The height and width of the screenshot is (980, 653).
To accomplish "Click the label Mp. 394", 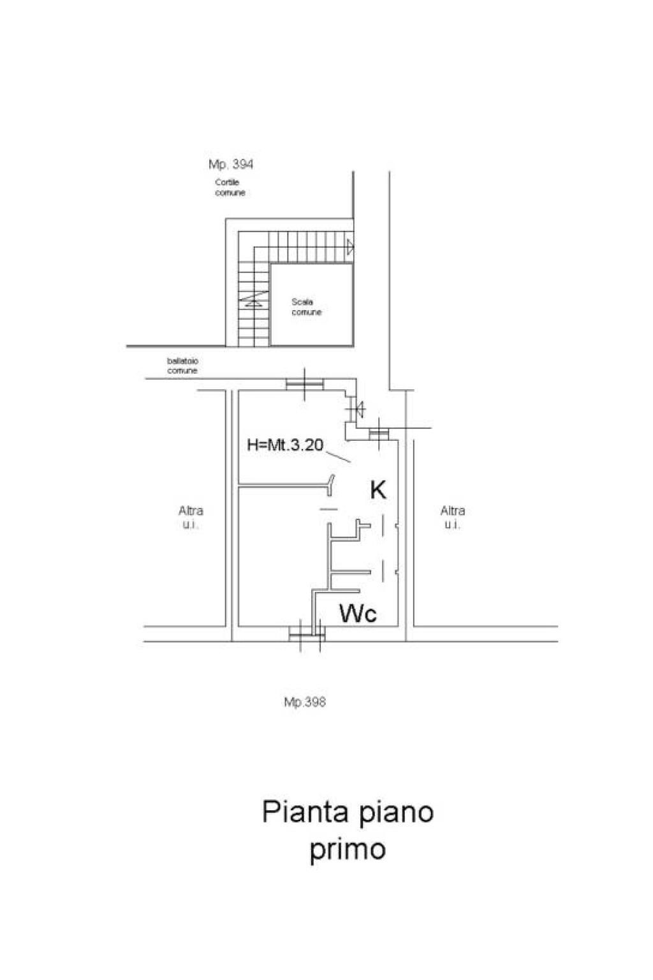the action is pos(230,165).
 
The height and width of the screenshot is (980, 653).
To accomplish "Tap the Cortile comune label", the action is pos(230,187).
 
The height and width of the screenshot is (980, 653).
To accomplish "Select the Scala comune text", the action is pos(306,307).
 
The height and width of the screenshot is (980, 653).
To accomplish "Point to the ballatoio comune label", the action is pos(182,366).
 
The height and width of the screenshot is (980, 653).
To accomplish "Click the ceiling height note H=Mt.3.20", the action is pos(285,445).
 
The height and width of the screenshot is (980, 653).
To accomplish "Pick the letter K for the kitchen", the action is pos(378,489).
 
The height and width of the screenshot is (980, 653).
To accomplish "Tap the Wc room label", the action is pos(358,613).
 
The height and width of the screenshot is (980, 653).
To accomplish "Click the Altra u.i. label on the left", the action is pos(191,517).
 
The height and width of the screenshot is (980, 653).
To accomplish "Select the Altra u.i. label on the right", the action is pos(453,517).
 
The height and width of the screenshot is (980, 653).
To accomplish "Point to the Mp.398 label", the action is pos(305,702).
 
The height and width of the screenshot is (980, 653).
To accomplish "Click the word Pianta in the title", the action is pos(305,812).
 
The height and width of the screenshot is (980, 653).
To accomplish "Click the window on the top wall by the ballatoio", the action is pos(305,384).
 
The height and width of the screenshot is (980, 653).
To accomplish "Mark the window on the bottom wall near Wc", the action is pos(307,634).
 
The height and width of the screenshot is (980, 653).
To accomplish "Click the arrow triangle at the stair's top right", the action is pos(350,248).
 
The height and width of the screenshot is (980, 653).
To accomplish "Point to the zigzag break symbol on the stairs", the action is pos(253,299).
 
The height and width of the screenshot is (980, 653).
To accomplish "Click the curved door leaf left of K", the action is pos(331,485).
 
